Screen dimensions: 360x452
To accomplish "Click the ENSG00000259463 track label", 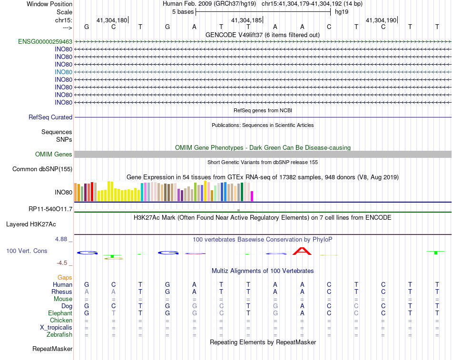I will tap(45, 42).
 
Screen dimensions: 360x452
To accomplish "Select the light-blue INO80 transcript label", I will tap(63, 72).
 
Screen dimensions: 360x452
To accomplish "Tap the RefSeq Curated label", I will tap(50, 117).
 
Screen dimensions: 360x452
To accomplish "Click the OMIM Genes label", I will tap(54, 155).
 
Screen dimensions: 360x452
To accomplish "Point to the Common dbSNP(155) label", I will tap(42, 169).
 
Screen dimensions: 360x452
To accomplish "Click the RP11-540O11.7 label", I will tap(50, 209).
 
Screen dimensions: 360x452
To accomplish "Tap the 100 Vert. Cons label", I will tap(27, 251).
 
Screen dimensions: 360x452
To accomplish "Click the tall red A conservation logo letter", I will tap(302, 251).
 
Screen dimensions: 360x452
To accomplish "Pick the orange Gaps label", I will tap(65, 278).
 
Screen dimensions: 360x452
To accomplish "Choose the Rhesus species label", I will tap(62, 292).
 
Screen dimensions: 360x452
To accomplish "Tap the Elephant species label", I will tap(60, 313).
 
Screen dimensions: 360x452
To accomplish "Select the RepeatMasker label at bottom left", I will tap(52, 349).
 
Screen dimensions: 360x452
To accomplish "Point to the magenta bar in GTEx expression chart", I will tap(252, 196).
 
